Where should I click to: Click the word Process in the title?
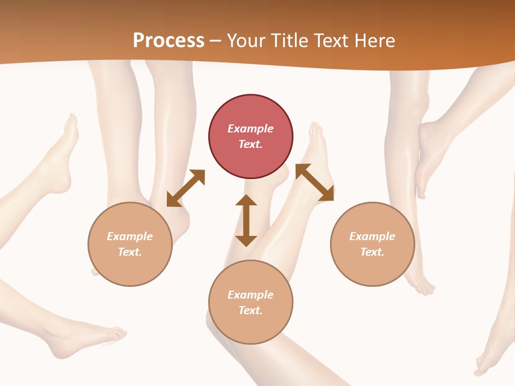point(168,40)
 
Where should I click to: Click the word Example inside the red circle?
point(251,129)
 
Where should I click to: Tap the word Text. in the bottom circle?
point(251,310)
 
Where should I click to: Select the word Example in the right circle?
point(372,236)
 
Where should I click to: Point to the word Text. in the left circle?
point(130,252)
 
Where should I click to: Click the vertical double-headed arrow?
point(246,220)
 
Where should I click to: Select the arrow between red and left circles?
point(186,188)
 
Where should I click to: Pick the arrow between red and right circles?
point(315,182)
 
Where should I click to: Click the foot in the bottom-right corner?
point(488,359)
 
